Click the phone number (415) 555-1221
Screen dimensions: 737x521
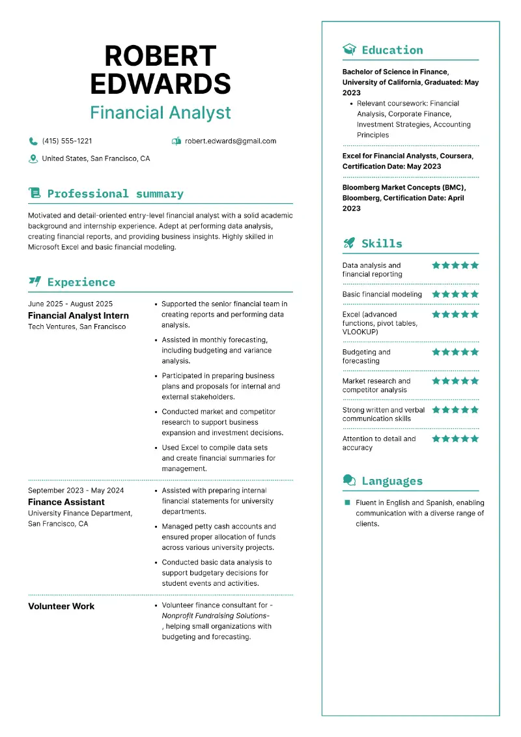[x=67, y=141]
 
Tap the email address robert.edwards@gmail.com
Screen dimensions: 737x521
[x=231, y=141]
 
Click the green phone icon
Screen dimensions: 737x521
[x=33, y=141]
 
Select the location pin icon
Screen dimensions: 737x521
[x=33, y=158]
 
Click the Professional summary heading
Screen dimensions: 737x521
[x=115, y=194]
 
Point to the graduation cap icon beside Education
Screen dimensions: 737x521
[x=350, y=50]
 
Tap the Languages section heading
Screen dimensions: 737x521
[x=392, y=481]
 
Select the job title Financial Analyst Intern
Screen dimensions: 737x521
[x=78, y=315]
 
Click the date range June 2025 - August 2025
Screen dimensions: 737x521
[x=70, y=304]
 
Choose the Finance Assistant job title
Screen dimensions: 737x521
[x=66, y=502]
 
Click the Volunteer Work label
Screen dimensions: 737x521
[x=61, y=606]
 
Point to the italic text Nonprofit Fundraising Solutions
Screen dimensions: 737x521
[x=214, y=615]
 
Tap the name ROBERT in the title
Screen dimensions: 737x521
[x=160, y=57]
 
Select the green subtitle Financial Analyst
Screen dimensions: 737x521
[x=160, y=113]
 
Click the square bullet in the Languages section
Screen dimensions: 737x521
[x=348, y=502]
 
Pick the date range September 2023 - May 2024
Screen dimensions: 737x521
[x=76, y=490]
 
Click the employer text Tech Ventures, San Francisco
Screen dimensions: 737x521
[x=77, y=326]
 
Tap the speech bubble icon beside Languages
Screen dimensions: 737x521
[x=350, y=481]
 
